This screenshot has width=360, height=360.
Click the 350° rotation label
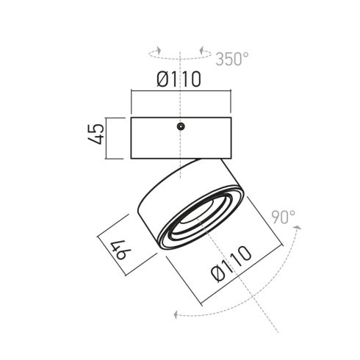point(232,59)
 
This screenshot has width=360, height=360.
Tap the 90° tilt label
point(284,217)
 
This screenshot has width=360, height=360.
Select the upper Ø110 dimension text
point(179,79)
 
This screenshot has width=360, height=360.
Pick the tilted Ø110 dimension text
point(231,264)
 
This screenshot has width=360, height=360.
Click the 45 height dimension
point(96,134)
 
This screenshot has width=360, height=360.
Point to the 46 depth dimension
point(120,250)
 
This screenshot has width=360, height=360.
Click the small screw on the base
point(181,126)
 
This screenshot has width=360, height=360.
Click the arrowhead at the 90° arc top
point(298,228)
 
